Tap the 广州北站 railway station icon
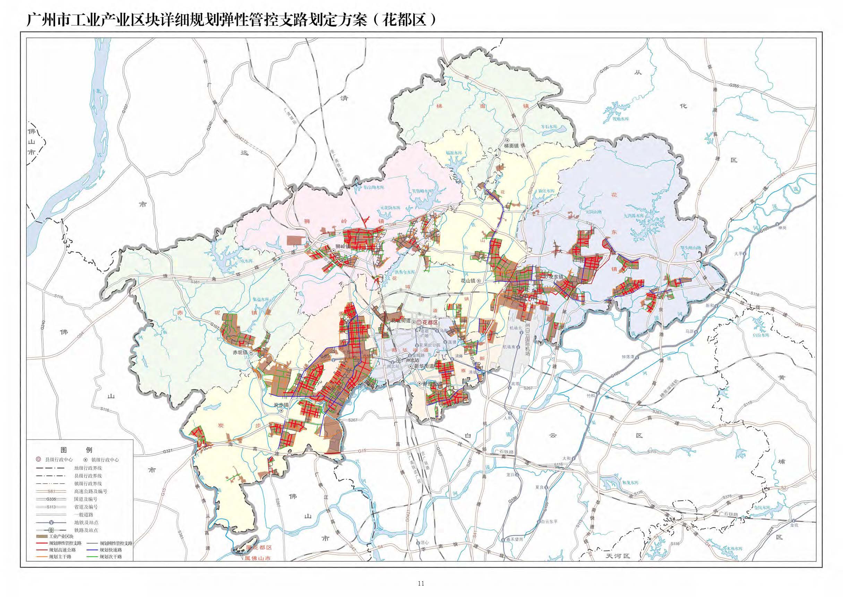pos(399,360)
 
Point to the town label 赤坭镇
pos(241,352)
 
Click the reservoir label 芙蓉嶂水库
pos(423,191)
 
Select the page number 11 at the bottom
pos(421,583)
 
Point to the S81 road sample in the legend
pos(51,491)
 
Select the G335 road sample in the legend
pos(51,499)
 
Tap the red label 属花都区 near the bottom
pos(259,548)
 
